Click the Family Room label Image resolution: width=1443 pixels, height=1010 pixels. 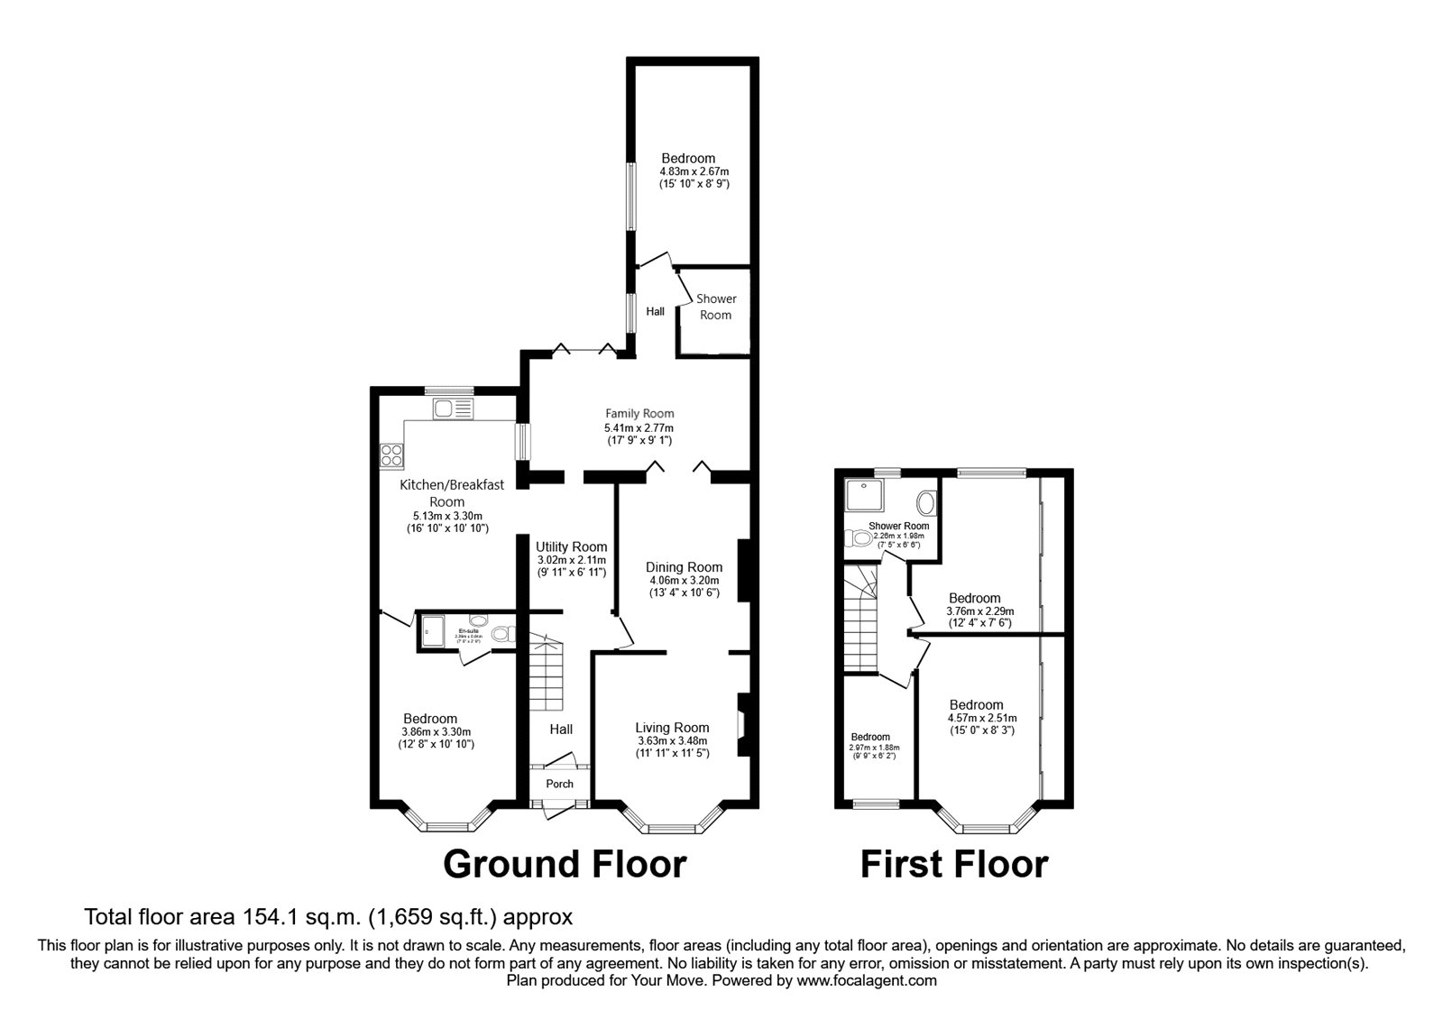point(639,414)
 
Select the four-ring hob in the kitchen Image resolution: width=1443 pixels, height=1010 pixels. point(391,455)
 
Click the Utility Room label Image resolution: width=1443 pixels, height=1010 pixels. point(571,546)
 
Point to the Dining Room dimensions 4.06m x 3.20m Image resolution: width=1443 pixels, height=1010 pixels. point(684,580)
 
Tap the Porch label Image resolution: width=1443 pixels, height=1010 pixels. point(559,784)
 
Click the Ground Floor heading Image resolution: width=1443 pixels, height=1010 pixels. point(565,864)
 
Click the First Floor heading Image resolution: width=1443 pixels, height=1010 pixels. point(953,864)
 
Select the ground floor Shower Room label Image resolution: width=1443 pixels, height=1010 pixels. point(716,307)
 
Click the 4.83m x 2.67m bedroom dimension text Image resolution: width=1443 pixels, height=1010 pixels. point(694,171)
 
